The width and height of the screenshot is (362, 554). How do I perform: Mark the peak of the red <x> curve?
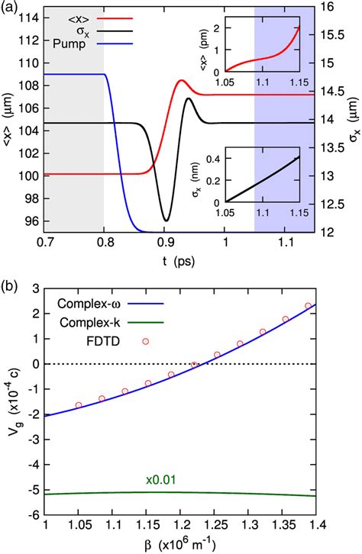[x=182, y=80]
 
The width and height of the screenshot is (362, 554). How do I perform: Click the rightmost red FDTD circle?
[x=308, y=305]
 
